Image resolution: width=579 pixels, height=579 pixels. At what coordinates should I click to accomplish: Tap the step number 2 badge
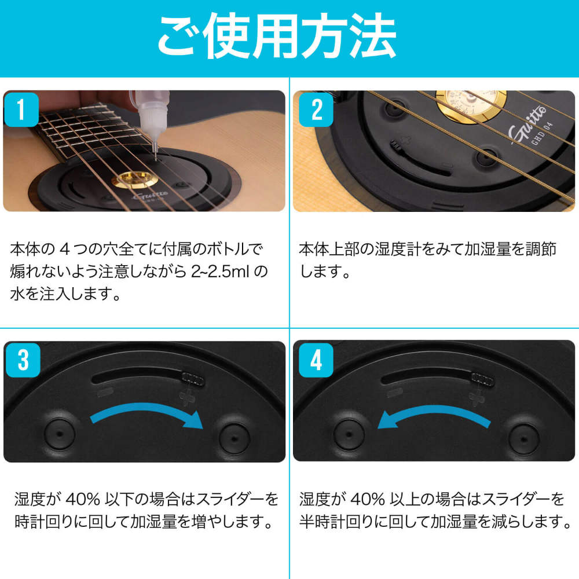click(x=317, y=109)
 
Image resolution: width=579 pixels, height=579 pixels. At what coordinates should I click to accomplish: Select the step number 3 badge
click(x=22, y=360)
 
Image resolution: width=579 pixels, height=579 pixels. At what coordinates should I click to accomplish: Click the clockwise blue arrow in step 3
click(x=148, y=415)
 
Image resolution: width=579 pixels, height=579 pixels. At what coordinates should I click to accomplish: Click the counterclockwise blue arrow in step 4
click(x=431, y=415)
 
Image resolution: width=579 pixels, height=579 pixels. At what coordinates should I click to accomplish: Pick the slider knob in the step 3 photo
click(x=193, y=379)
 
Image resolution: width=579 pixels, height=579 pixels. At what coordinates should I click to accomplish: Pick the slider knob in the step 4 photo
click(x=482, y=379)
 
